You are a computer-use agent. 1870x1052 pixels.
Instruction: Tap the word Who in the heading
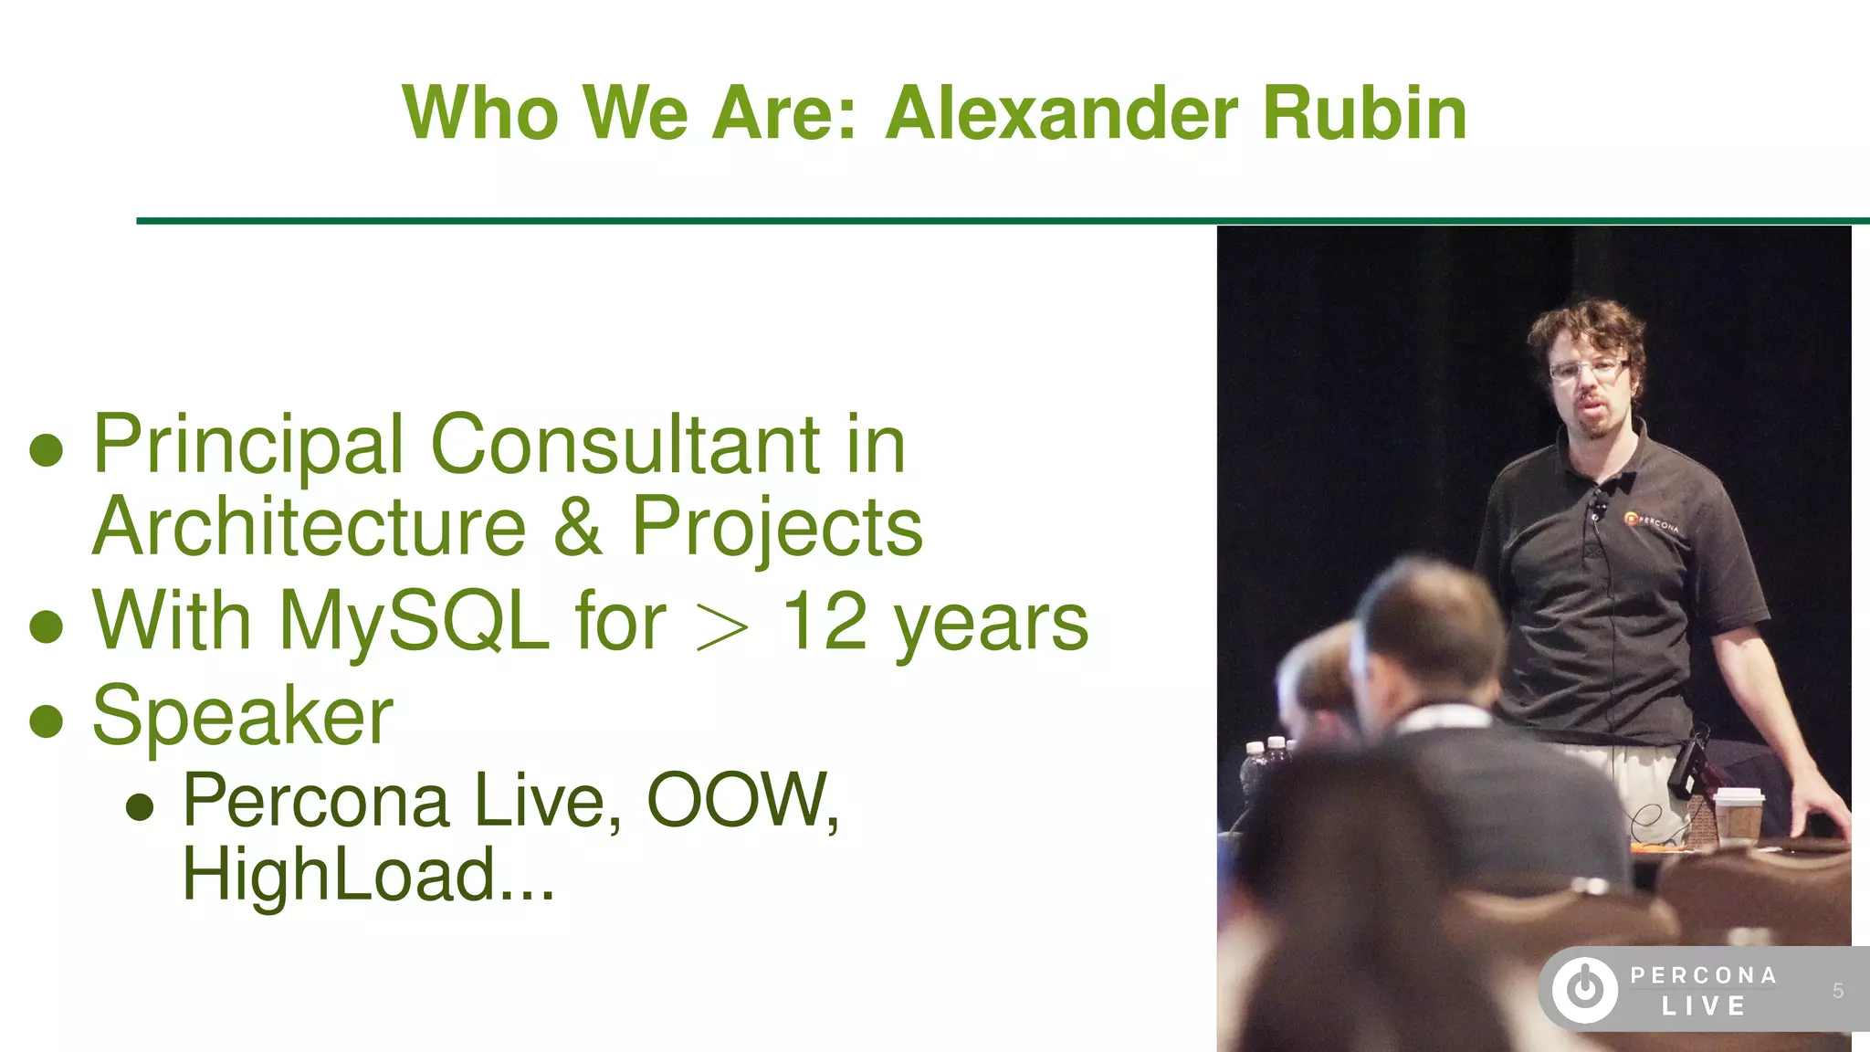(x=480, y=113)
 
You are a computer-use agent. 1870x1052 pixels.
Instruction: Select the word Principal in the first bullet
(x=247, y=445)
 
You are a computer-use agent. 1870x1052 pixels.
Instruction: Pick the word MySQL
(x=413, y=621)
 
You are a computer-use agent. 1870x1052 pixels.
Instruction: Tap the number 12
(x=825, y=621)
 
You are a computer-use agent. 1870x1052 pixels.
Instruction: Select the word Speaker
(x=243, y=716)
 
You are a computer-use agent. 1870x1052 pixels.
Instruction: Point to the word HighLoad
(x=338, y=875)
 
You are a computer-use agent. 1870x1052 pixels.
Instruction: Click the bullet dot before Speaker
(x=46, y=721)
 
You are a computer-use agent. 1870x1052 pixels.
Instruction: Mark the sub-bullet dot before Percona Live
(x=140, y=806)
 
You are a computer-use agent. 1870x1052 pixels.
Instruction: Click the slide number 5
(x=1837, y=991)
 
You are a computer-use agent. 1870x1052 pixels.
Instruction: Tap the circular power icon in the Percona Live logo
(x=1585, y=989)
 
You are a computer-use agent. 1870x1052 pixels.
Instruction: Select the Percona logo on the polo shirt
(x=1650, y=521)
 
